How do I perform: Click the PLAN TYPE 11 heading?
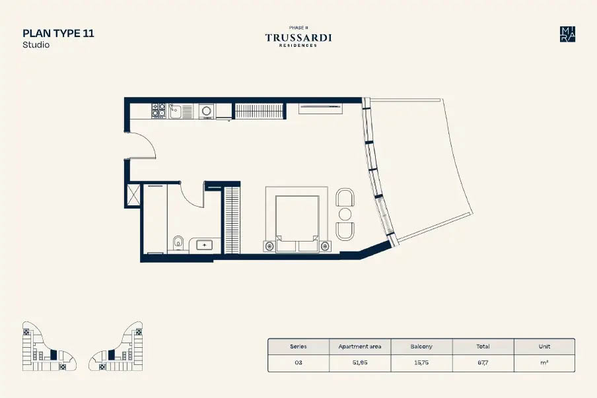coord(58,34)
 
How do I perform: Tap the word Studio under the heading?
coord(36,45)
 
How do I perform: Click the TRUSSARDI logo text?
coord(298,38)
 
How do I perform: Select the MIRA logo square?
coord(567,34)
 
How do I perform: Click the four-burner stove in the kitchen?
coord(158,110)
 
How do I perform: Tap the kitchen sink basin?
coord(175,111)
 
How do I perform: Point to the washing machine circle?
coord(206,111)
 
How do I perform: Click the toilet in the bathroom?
coord(178,243)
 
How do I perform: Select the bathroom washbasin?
coord(205,245)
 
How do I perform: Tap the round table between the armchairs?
coord(345,214)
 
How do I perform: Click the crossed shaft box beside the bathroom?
coord(133,195)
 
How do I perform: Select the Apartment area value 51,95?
coord(360,362)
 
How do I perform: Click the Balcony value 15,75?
coord(421,362)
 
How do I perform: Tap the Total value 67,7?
coord(483,362)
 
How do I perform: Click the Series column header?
coord(298,347)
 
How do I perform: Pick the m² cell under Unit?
coord(544,362)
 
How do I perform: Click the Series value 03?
coord(298,362)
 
